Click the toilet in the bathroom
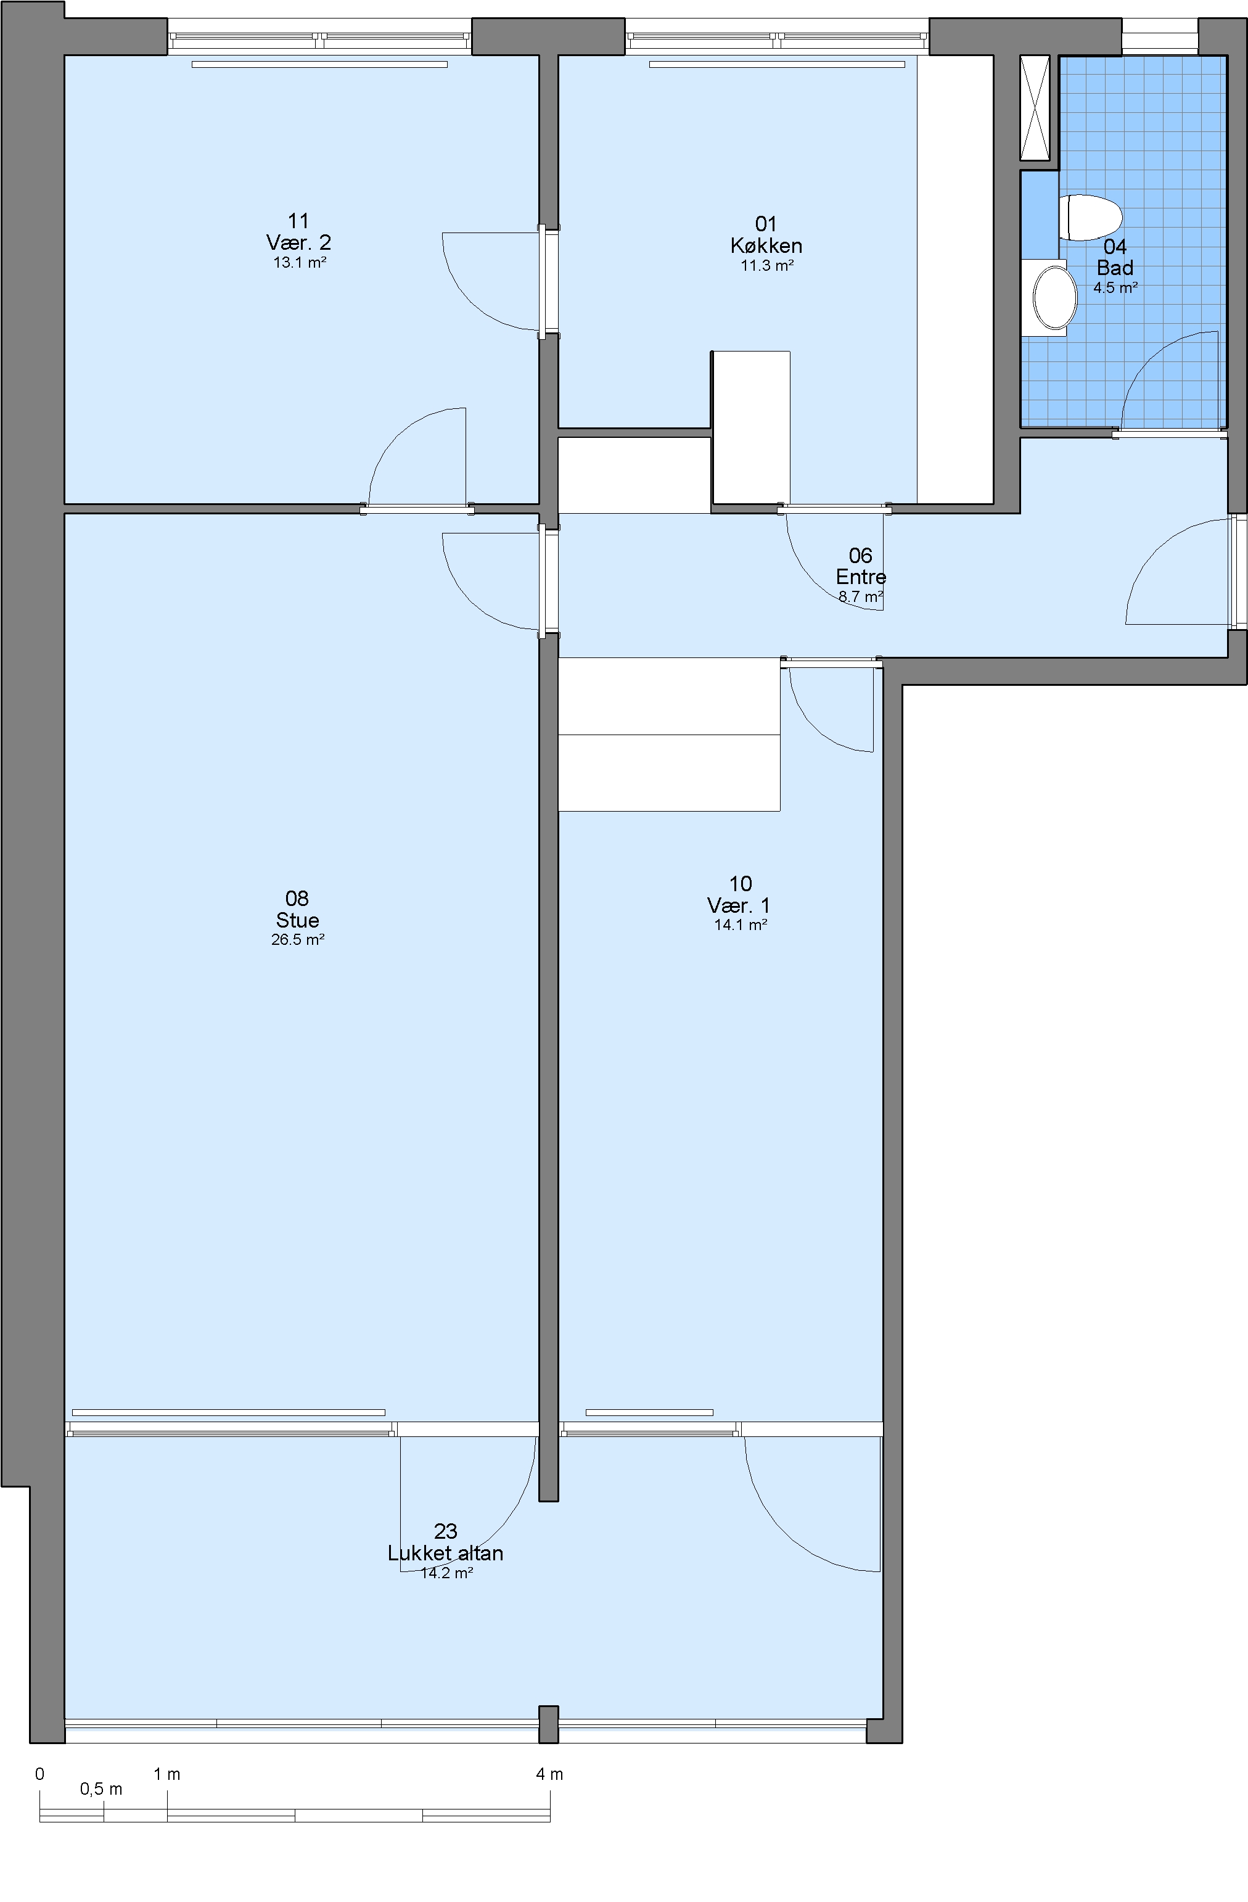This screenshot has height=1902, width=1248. (1091, 217)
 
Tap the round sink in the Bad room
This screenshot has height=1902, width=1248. (1054, 297)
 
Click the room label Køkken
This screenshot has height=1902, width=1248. (766, 246)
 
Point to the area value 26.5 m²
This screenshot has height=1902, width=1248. (297, 940)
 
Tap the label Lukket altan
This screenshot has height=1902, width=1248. (445, 1553)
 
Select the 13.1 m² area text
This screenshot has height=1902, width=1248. (300, 262)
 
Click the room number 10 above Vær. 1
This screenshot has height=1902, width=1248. (741, 883)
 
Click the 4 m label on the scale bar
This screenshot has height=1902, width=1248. (549, 1774)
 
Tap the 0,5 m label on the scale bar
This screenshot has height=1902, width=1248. (102, 1789)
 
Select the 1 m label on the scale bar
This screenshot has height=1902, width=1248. (167, 1774)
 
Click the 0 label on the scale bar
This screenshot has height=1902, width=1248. (40, 1774)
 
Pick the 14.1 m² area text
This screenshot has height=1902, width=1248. (741, 924)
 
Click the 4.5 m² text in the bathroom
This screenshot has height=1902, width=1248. (1115, 287)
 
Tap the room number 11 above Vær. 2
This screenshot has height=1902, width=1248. (298, 221)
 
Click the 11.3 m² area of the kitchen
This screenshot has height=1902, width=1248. (767, 265)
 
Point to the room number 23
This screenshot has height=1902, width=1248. (445, 1531)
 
